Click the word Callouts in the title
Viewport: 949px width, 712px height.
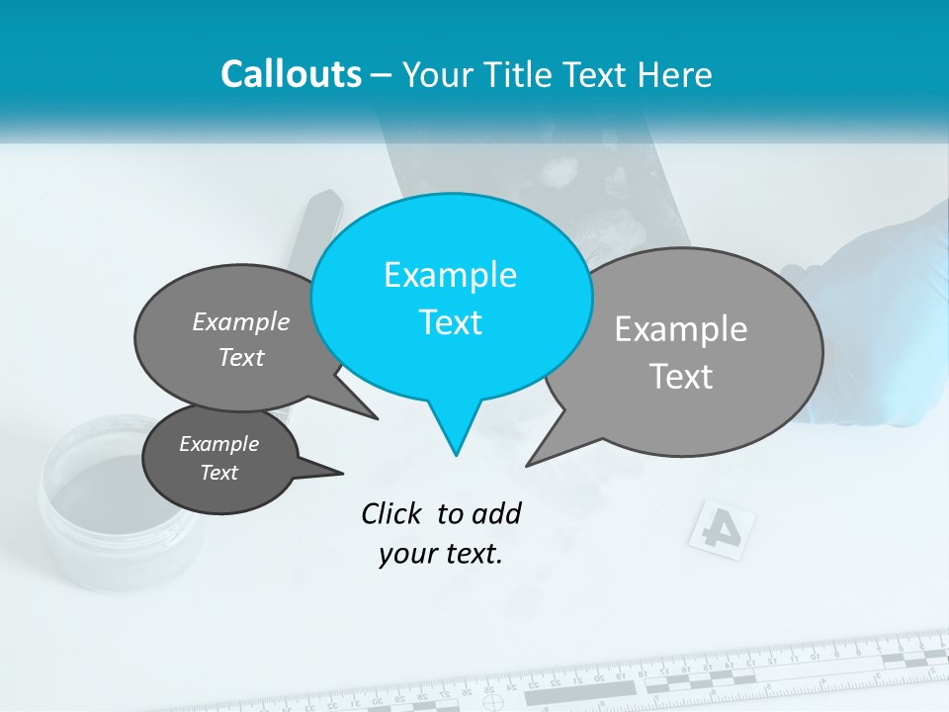(x=292, y=74)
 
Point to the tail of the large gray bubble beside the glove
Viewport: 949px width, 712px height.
(x=545, y=450)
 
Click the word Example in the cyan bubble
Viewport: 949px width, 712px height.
(x=451, y=275)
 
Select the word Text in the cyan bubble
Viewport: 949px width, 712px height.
(x=451, y=322)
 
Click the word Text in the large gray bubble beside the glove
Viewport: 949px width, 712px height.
(x=682, y=377)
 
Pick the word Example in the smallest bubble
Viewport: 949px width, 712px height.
(x=219, y=444)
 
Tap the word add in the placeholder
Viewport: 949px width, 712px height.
(x=495, y=513)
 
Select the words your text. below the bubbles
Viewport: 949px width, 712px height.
(x=441, y=554)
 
